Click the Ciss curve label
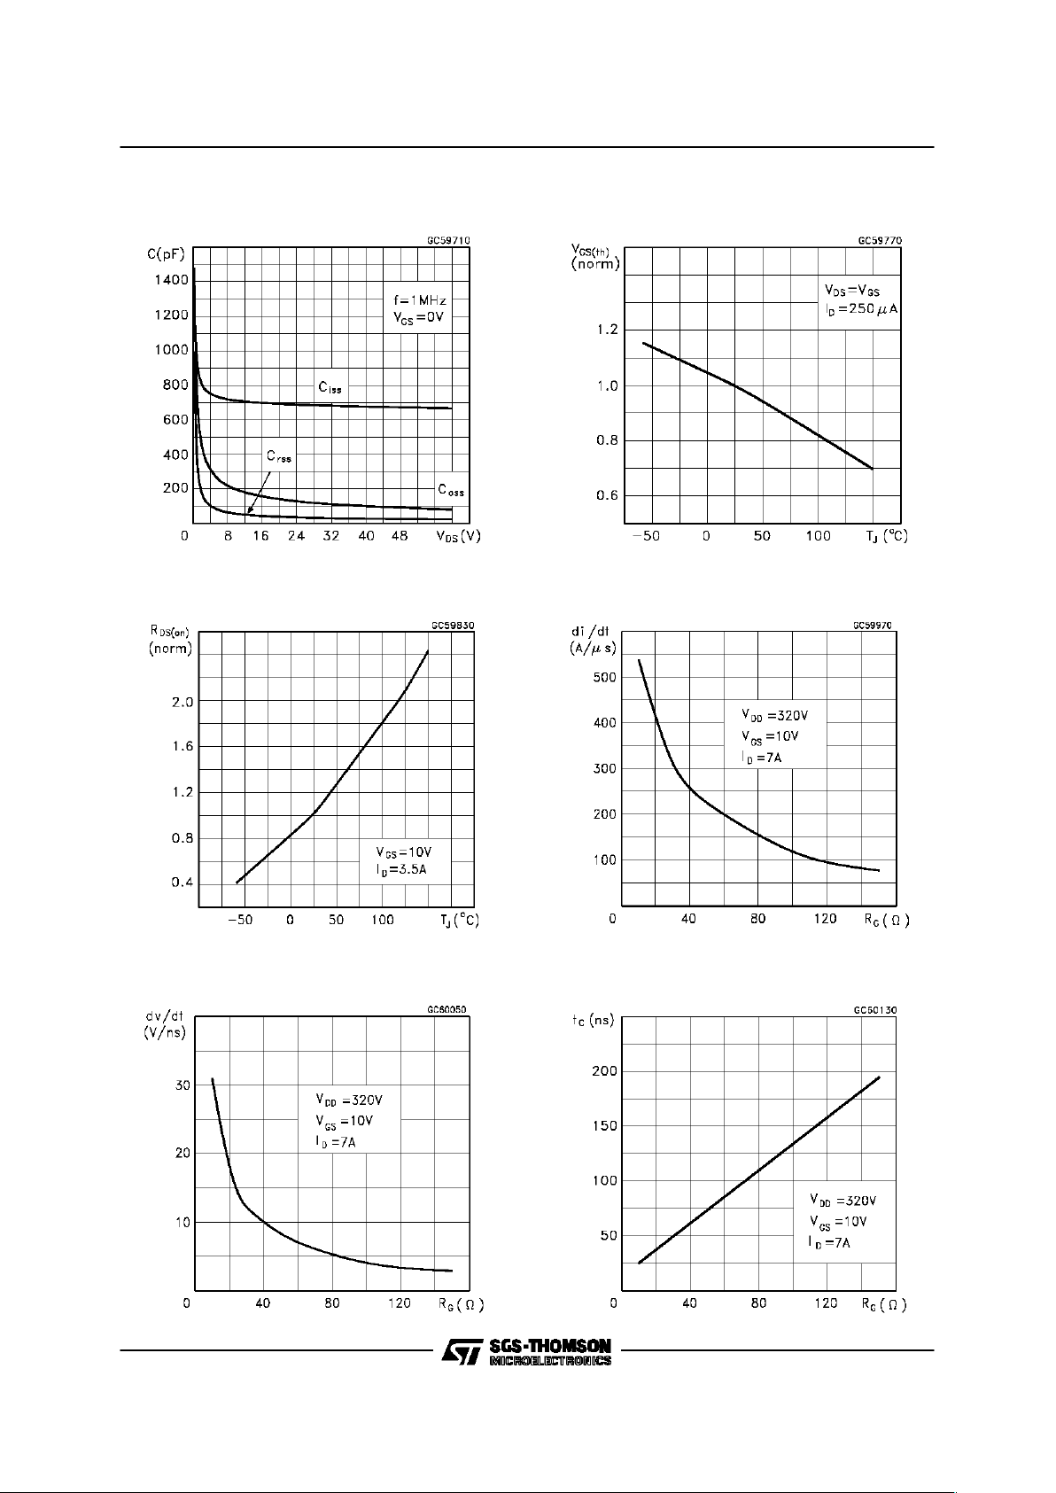coord(330,388)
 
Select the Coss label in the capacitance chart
coord(450,490)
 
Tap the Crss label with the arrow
coord(278,457)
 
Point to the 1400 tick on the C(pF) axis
coord(169,280)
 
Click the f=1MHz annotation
coord(420,301)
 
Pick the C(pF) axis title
coord(167,256)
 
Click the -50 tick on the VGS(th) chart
coord(646,536)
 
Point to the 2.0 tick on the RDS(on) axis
coord(182,702)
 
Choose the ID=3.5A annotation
coord(400,870)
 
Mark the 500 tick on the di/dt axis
coord(604,678)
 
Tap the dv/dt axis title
coord(165,1024)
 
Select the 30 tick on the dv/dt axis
coord(182,1085)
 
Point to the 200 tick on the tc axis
coord(604,1072)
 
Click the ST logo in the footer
coord(461,1351)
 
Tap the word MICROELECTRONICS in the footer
coord(549,1361)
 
